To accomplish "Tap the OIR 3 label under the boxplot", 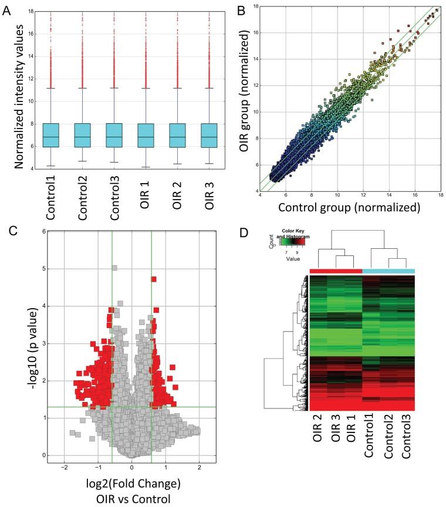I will pos(210,193).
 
